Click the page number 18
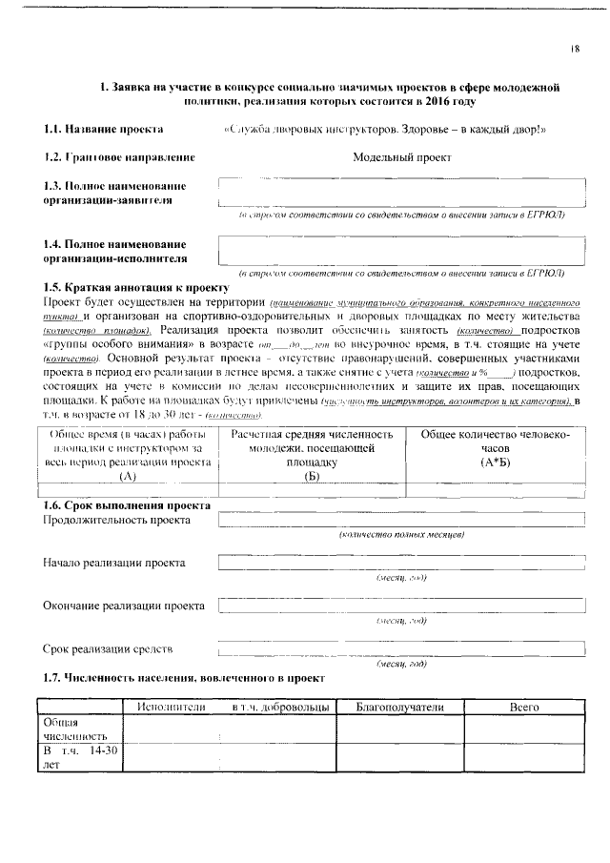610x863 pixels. [x=576, y=48]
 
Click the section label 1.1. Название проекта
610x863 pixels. [x=103, y=129]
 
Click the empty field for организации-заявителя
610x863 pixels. [x=400, y=191]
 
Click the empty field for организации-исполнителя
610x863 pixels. [x=400, y=249]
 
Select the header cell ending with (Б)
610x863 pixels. [x=312, y=454]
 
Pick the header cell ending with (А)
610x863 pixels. [x=127, y=454]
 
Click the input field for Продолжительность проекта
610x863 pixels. [x=400, y=520]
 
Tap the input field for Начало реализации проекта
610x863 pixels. [x=400, y=563]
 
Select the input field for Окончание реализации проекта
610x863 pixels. [x=400, y=606]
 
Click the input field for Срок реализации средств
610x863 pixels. [x=400, y=649]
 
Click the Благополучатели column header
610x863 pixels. [x=399, y=707]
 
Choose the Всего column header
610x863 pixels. [x=524, y=707]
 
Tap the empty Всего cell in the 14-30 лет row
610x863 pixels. [x=524, y=757]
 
